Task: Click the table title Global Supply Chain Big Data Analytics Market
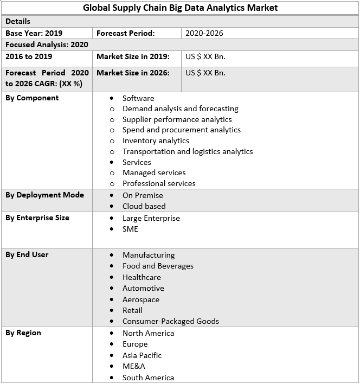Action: pos(180,8)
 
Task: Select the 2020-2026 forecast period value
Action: pos(204,33)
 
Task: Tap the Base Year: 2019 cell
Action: pos(34,33)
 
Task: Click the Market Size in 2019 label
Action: pos(133,56)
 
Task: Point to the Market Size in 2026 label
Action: pos(133,73)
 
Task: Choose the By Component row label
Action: pos(32,98)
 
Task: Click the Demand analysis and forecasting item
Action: pos(180,108)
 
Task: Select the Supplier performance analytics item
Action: pos(177,119)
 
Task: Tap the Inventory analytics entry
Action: pos(156,141)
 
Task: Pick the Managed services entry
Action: pos(154,173)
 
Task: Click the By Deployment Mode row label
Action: pos(44,195)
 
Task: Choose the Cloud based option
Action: pos(144,206)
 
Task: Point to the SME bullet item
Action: pos(130,229)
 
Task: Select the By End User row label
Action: pos(27,254)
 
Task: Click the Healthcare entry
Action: pos(142,277)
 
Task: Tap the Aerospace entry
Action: pos(141,299)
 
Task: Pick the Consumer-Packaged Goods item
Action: pos(170,321)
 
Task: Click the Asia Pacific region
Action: pos(142,355)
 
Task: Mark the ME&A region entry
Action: pos(133,366)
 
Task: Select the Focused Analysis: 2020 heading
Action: pos(47,44)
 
